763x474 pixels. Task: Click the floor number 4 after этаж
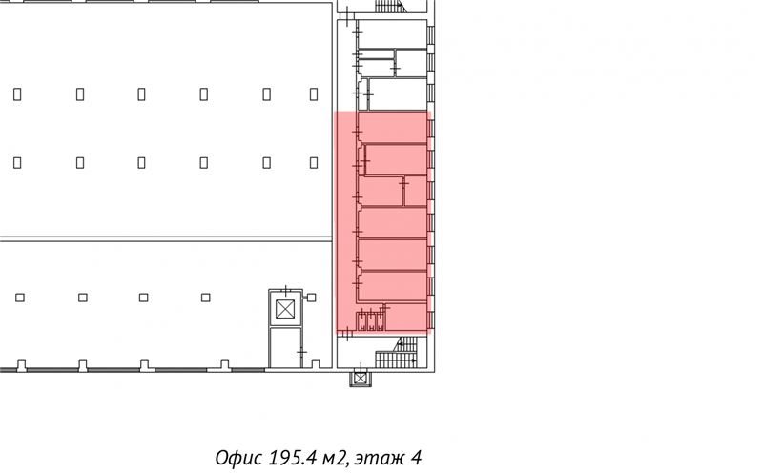tap(416, 458)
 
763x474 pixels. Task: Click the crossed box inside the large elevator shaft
tap(285, 310)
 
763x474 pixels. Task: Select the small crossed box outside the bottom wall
tap(361, 378)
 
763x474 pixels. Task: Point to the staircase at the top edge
tap(390, 6)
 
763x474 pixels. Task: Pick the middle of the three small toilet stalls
tap(371, 321)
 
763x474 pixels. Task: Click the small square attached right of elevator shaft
tap(312, 298)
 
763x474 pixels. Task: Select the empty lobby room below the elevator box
tap(285, 347)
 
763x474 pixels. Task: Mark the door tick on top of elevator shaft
tap(285, 291)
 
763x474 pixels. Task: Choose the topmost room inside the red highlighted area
tap(393, 128)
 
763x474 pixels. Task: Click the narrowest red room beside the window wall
tap(416, 192)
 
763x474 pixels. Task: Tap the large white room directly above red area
tap(398, 93)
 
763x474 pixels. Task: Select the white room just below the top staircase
tap(392, 33)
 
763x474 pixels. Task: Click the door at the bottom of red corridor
tap(347, 334)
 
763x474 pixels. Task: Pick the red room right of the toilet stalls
tap(406, 317)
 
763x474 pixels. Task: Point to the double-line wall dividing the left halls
tap(166, 239)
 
